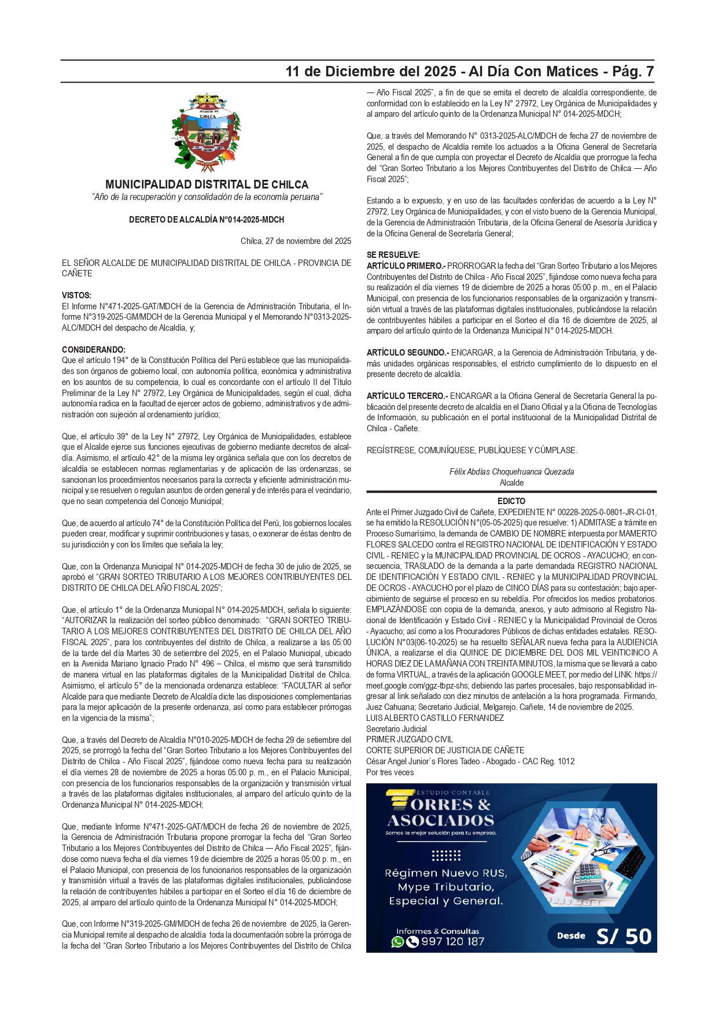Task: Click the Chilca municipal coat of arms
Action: (x=206, y=133)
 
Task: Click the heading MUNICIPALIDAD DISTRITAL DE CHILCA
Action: (x=207, y=184)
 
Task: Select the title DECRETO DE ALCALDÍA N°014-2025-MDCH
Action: (x=207, y=220)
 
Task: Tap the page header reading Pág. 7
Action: (x=633, y=72)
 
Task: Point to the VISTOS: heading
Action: (x=76, y=295)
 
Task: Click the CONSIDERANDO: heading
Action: (x=94, y=350)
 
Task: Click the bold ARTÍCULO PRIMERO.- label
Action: (x=406, y=266)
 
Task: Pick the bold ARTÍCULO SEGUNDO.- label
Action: (x=407, y=353)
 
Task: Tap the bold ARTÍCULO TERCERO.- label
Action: (x=407, y=396)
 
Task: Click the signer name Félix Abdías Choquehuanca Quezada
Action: (x=511, y=472)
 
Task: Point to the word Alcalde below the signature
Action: (x=511, y=483)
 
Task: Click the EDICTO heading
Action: (x=511, y=501)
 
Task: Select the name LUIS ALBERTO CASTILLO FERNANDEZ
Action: (x=435, y=718)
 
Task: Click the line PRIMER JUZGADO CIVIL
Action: (x=410, y=739)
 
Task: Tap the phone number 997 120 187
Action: (x=452, y=942)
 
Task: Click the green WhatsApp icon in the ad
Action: (x=397, y=942)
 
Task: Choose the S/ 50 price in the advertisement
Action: (x=624, y=937)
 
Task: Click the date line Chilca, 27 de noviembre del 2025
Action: (x=296, y=241)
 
